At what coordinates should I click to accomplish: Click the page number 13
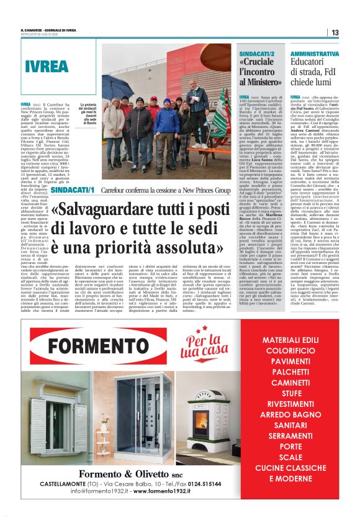pos(334,32)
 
